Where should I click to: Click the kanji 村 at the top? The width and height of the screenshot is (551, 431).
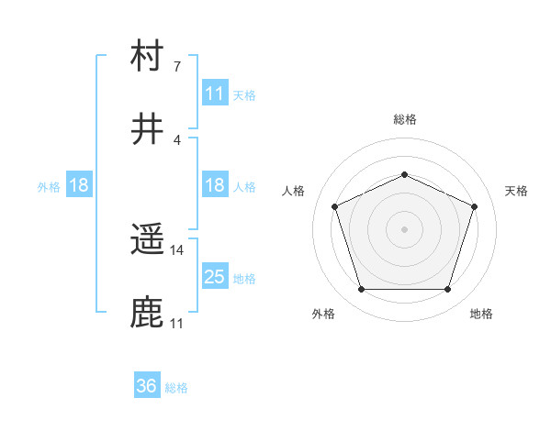pos(148,56)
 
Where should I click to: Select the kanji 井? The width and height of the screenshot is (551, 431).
pos(148,129)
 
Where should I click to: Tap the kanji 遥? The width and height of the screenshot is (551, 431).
pos(148,240)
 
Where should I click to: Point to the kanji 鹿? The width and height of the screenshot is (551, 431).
pos(148,313)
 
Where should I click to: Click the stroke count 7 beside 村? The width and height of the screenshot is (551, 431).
pos(176,67)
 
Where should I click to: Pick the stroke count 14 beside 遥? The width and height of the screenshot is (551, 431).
pos(177,250)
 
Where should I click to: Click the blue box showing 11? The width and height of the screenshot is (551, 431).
pos(215,94)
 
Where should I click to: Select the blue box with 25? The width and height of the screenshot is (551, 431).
pos(215,277)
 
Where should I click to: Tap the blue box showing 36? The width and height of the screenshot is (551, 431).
pos(147,386)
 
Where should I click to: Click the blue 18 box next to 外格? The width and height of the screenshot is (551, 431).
pos(79,185)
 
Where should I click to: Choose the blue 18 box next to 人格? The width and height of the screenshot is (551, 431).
pos(215,185)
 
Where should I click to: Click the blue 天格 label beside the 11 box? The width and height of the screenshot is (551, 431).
pos(244,94)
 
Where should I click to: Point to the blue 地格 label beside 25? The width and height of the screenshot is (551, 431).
pos(244,278)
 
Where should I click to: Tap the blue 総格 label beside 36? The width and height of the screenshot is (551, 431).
pos(176,387)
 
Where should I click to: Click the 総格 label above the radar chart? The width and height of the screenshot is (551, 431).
pos(405,119)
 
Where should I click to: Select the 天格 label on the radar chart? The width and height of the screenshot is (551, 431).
pos(516,191)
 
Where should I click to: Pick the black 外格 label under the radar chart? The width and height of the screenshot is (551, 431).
pos(323,314)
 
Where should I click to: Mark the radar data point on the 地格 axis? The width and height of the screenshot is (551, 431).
pos(447,289)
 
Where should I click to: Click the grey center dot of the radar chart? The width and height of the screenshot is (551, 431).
pos(405,228)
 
